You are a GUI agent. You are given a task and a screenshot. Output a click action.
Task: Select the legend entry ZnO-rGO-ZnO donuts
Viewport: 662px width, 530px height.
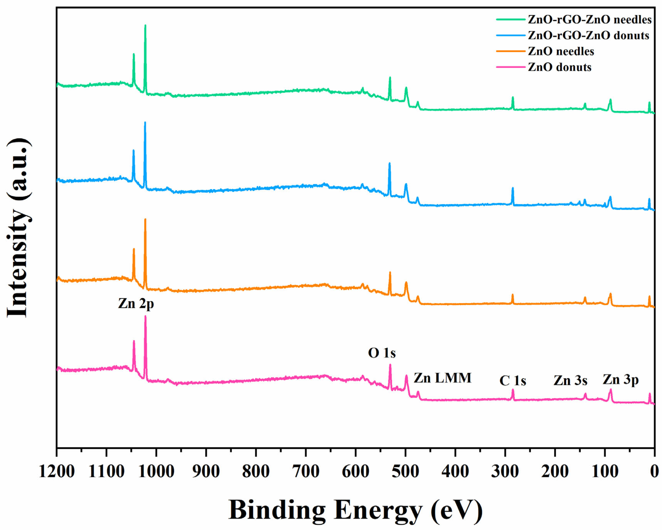pyautogui.click(x=588, y=36)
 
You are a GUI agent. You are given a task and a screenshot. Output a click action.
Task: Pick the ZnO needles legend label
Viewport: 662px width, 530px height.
pyautogui.click(x=561, y=51)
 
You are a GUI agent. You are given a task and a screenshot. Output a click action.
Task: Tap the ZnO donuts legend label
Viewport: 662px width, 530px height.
pyautogui.click(x=559, y=67)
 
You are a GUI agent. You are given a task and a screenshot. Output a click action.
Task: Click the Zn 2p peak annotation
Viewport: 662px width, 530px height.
pyautogui.click(x=136, y=304)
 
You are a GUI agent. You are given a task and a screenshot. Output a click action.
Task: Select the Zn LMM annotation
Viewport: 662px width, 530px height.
pyautogui.click(x=442, y=378)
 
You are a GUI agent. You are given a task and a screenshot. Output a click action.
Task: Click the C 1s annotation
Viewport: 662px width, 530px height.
pyautogui.click(x=512, y=381)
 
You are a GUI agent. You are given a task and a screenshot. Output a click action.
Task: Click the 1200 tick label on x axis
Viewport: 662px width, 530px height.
pyautogui.click(x=57, y=471)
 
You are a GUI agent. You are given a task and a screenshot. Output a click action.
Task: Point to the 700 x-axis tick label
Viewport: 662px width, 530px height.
pyautogui.click(x=306, y=471)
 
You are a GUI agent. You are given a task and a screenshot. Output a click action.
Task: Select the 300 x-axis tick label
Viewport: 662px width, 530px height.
pyautogui.click(x=505, y=471)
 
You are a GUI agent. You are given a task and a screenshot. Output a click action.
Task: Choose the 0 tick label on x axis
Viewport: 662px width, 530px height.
pyautogui.click(x=654, y=471)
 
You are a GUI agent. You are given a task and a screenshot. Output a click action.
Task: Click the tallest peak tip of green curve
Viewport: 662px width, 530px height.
pyautogui.click(x=145, y=25)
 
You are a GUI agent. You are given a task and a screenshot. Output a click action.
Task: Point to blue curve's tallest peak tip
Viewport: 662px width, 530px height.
pyautogui.click(x=145, y=123)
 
